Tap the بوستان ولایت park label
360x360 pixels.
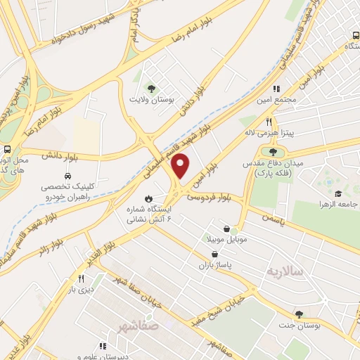click(150, 99)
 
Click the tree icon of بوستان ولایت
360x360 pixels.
click(150, 88)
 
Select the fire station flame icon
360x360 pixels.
click(148, 197)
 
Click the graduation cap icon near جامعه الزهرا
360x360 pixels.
click(337, 193)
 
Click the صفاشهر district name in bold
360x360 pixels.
click(139, 327)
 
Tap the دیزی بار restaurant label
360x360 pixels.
click(81, 289)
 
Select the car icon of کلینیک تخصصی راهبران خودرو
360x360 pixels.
click(67, 176)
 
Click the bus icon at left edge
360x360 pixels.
click(6, 150)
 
